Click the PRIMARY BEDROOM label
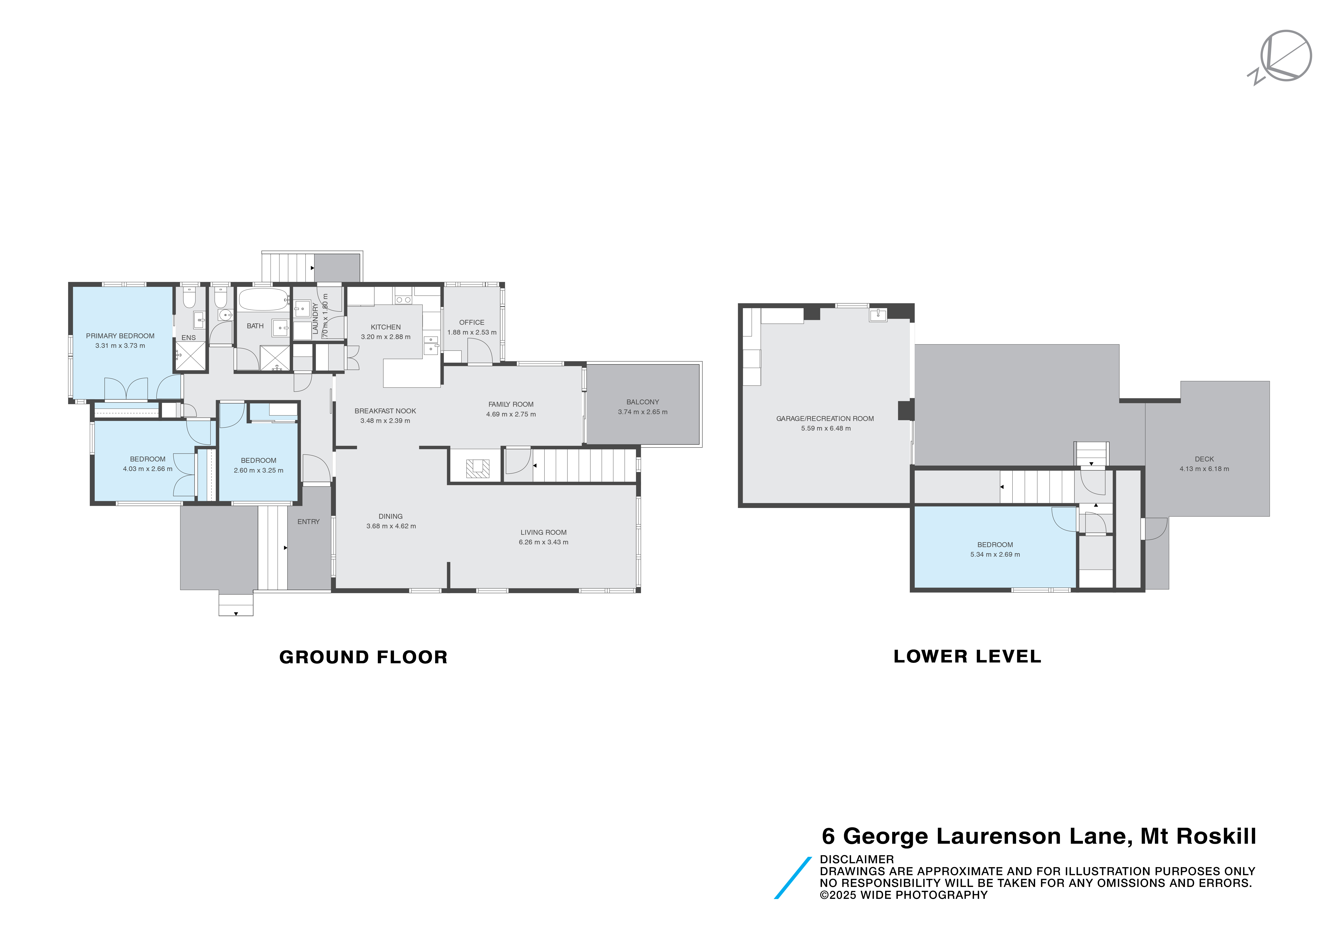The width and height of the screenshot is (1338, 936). [x=120, y=336]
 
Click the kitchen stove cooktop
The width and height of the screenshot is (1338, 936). [x=403, y=299]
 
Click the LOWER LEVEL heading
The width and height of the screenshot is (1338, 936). [x=967, y=656]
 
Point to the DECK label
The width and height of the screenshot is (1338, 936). [x=1204, y=459]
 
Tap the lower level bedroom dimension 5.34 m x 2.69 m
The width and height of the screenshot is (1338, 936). [x=995, y=555]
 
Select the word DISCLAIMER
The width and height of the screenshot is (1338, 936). [x=856, y=859]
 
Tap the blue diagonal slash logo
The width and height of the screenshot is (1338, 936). [x=793, y=878]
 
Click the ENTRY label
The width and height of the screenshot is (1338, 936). [x=308, y=522]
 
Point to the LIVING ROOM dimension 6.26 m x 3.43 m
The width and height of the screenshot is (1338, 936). [x=543, y=542]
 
